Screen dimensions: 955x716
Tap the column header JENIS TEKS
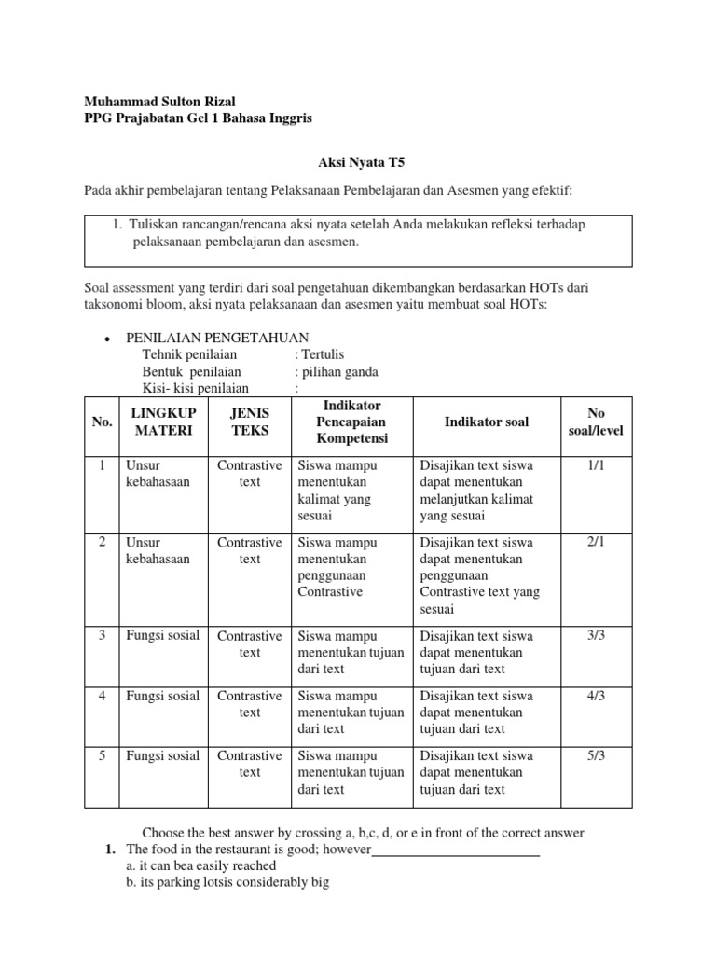click(249, 422)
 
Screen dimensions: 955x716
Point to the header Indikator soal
click(487, 422)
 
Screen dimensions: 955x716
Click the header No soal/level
click(596, 422)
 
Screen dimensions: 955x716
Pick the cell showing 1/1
click(596, 465)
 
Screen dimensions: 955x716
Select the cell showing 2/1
click(596, 543)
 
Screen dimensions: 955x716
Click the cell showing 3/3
click(596, 636)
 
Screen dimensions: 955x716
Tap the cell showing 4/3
click(596, 696)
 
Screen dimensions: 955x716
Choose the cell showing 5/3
click(596, 756)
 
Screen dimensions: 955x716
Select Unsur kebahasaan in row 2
click(158, 550)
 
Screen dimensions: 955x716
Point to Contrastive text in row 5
click(249, 764)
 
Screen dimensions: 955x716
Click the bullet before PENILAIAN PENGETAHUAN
click(109, 339)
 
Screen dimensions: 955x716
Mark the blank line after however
click(456, 850)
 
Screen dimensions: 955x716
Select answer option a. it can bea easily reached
click(200, 865)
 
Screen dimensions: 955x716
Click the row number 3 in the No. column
click(102, 636)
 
